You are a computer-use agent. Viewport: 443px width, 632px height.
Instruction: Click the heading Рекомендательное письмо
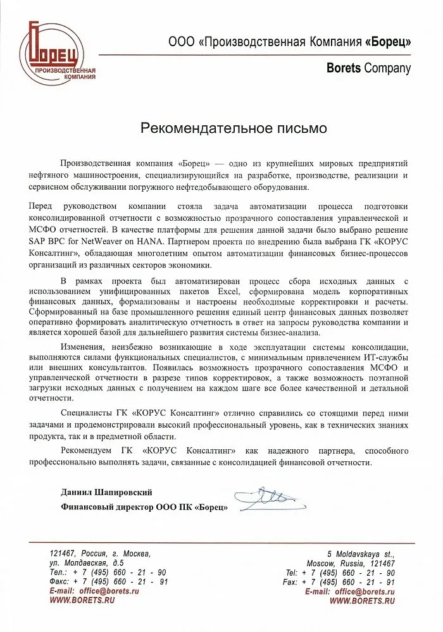(234, 128)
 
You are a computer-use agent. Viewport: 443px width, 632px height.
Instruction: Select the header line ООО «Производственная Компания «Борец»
(289, 42)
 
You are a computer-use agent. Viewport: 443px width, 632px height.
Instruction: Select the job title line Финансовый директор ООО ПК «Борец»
(144, 506)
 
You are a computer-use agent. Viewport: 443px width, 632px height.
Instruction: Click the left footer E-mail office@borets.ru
(94, 591)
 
